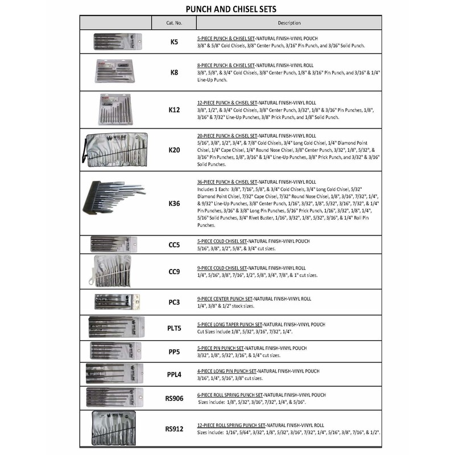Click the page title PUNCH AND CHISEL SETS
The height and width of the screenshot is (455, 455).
pyautogui.click(x=227, y=9)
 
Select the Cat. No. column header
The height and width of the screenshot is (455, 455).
pyautogui.click(x=173, y=23)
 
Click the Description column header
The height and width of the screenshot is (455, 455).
pyautogui.click(x=289, y=23)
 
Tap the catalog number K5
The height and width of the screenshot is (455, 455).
pyautogui.click(x=174, y=42)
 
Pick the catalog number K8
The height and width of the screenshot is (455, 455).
pyautogui.click(x=174, y=72)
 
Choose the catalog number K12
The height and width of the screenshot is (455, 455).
pyautogui.click(x=174, y=109)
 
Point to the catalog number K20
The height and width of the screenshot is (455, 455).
pyautogui.click(x=174, y=150)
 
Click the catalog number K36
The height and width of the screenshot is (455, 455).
pyautogui.click(x=174, y=203)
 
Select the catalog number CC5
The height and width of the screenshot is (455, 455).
pyautogui.click(x=174, y=245)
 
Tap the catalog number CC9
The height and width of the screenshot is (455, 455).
pyautogui.click(x=174, y=272)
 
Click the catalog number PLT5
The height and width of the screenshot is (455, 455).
pyautogui.click(x=174, y=328)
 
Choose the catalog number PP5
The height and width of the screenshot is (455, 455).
pyautogui.click(x=174, y=351)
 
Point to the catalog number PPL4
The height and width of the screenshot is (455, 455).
pyautogui.click(x=174, y=375)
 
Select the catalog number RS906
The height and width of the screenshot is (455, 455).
pyautogui.click(x=174, y=399)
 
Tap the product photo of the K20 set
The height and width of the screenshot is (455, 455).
pyautogui.click(x=115, y=150)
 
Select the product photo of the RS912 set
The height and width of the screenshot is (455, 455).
pyautogui.click(x=116, y=429)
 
